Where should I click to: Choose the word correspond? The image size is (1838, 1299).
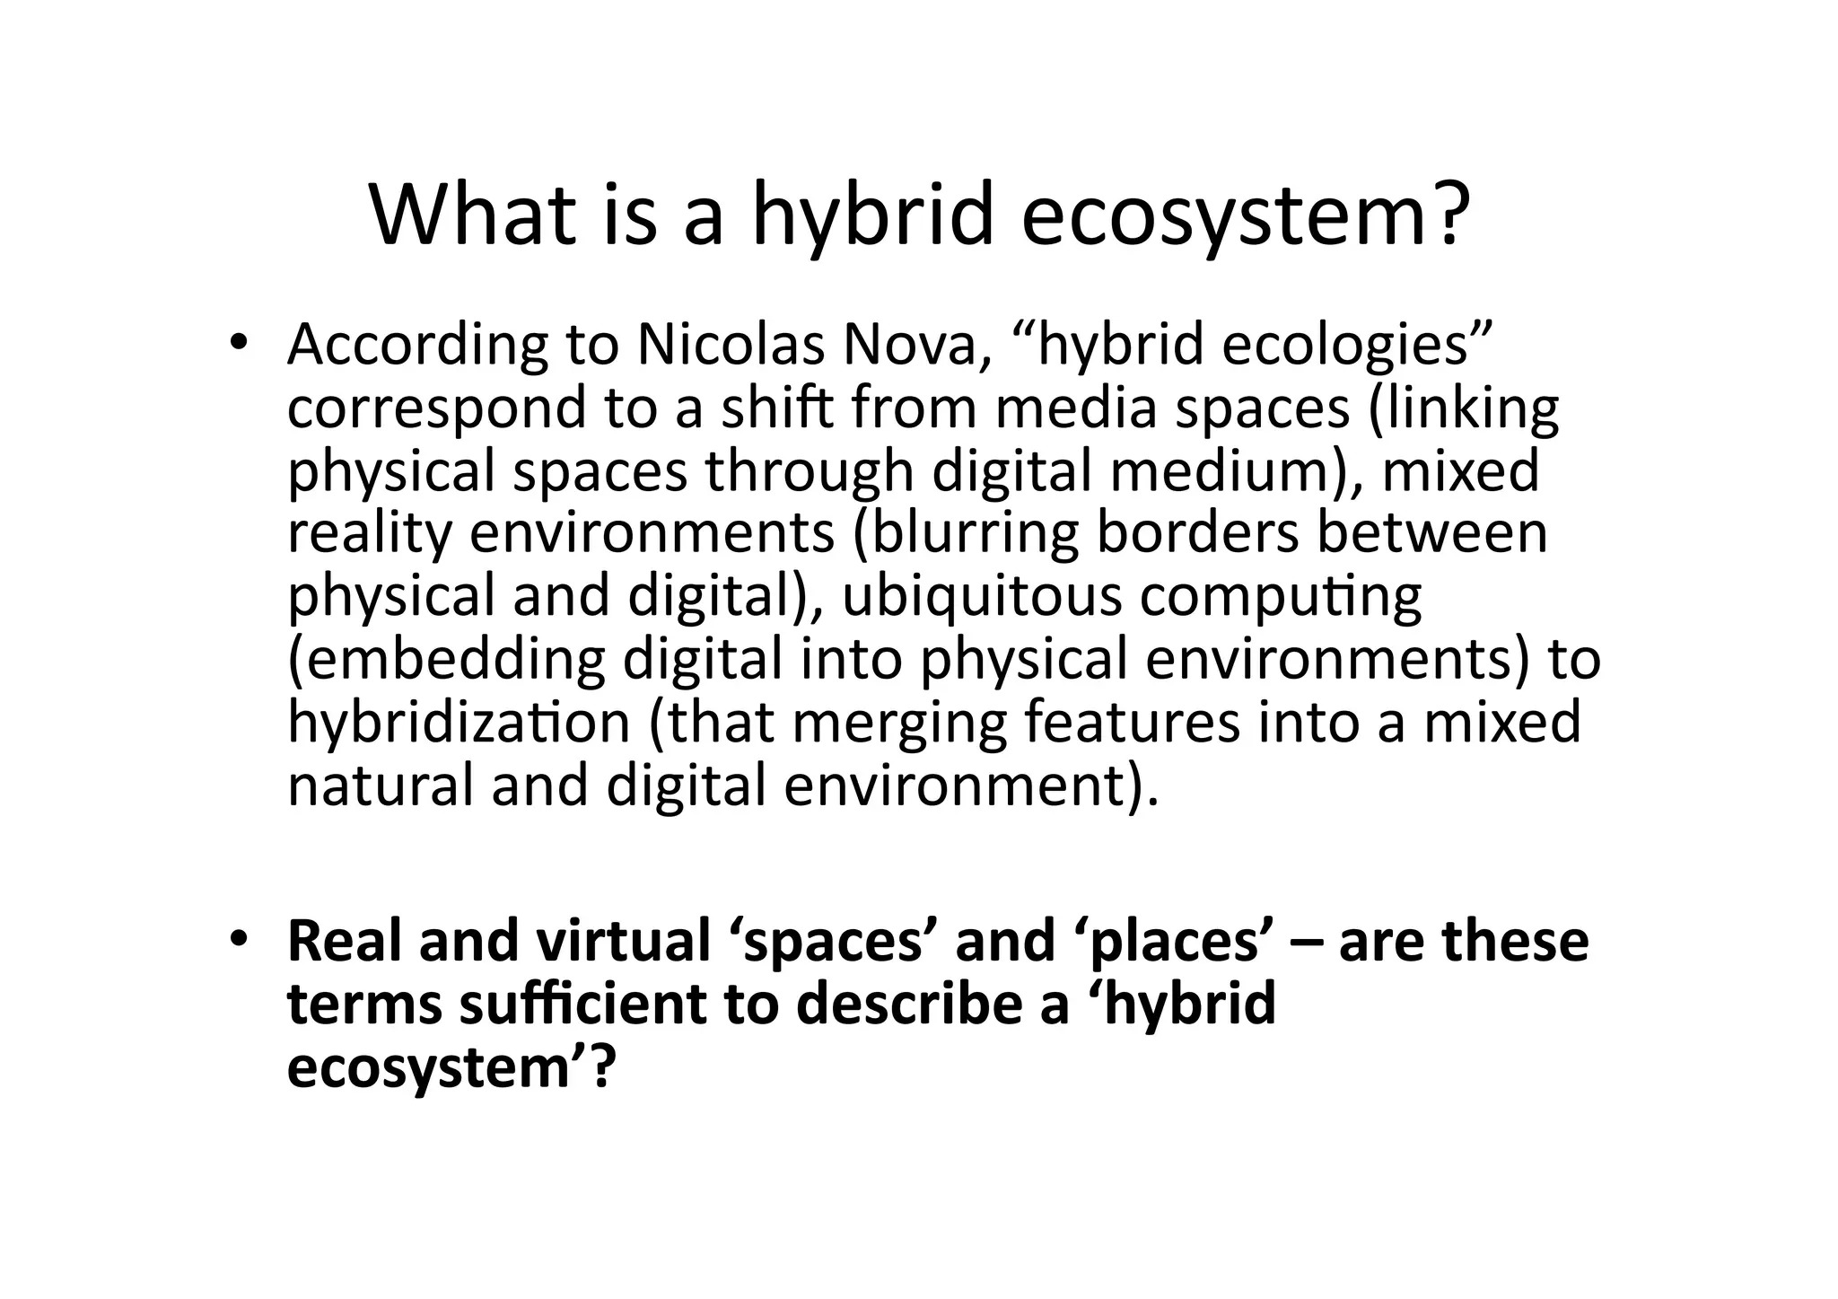click(x=435, y=408)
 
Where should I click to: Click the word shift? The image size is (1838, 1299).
click(x=777, y=407)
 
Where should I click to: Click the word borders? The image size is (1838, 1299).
click(x=1197, y=532)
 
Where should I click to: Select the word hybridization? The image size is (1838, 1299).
click(x=459, y=723)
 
